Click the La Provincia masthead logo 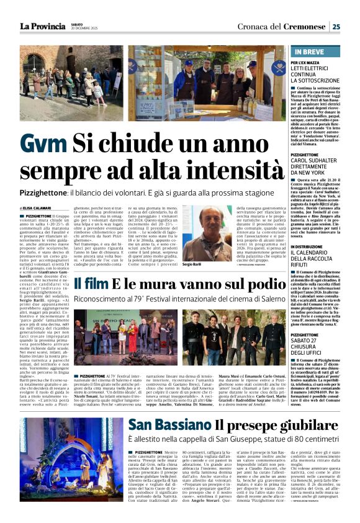pos(43,26)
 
